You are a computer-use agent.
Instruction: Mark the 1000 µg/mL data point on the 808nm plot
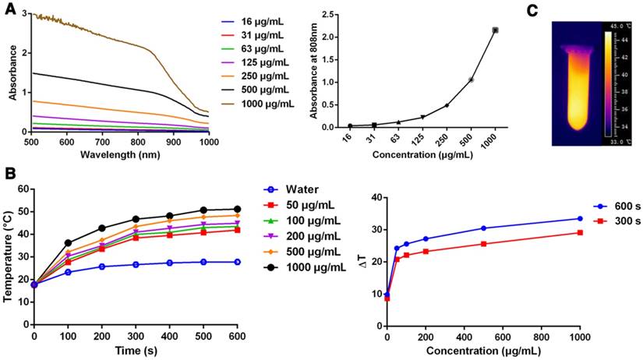[x=495, y=30]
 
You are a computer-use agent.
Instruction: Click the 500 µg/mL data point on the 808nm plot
[x=471, y=79]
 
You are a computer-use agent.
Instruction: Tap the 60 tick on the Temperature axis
[x=23, y=189]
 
